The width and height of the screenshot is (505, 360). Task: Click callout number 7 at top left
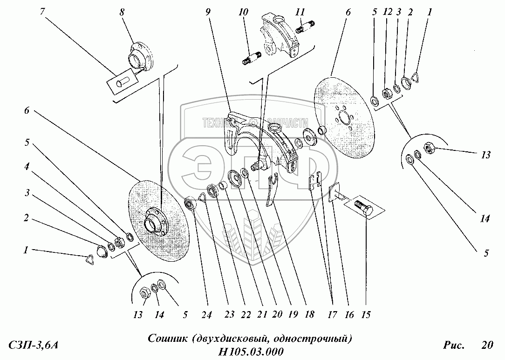tap(42, 11)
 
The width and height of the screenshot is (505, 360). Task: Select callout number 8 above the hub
tap(123, 13)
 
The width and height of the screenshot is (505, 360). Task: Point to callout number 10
tap(242, 13)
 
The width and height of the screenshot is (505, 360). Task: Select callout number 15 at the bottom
tap(366, 315)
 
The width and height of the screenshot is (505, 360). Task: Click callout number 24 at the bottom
tap(207, 315)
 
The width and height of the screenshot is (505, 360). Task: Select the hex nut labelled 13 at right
tap(429, 150)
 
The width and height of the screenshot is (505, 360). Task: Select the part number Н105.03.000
tap(251, 352)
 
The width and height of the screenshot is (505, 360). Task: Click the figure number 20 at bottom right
tap(486, 345)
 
